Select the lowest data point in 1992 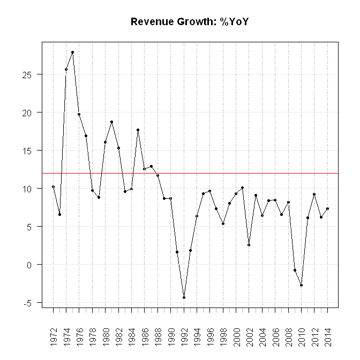tap(184, 297)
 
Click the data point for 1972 tap(53, 186)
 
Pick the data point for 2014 tap(327, 208)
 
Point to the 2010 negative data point tap(301, 285)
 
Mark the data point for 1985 tap(138, 130)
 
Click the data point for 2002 tap(249, 245)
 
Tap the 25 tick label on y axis tap(33, 74)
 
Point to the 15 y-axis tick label tap(33, 151)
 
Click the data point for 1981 tap(111, 122)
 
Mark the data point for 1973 tap(59, 214)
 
